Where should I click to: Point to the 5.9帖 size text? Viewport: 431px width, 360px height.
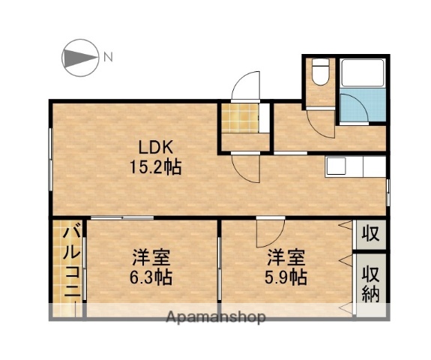click(x=286, y=277)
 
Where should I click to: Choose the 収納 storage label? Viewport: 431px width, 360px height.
click(x=370, y=281)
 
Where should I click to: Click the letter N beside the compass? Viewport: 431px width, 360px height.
click(x=109, y=57)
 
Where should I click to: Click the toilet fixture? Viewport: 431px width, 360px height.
click(x=319, y=73)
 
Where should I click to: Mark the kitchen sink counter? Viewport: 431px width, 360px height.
click(x=353, y=166)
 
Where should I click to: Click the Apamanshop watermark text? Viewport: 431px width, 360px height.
click(x=218, y=317)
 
